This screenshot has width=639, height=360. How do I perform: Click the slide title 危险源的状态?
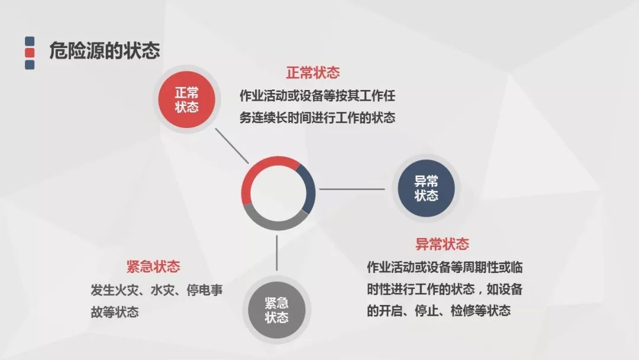(x=104, y=50)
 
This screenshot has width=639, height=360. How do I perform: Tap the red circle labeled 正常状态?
(x=186, y=99)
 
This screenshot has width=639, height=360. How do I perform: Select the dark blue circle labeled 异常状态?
(x=426, y=188)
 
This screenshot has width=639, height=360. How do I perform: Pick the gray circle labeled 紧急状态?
(x=277, y=310)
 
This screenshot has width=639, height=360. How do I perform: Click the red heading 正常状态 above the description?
(x=312, y=73)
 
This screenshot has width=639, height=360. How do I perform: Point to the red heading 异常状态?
(x=442, y=244)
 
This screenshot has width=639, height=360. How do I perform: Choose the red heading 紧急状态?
(x=153, y=266)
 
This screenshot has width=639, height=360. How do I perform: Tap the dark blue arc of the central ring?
(x=309, y=188)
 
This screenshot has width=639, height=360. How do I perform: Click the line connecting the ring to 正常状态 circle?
(x=231, y=146)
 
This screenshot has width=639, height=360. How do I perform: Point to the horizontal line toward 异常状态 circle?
(x=351, y=189)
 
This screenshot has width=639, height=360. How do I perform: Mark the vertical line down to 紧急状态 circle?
(x=277, y=253)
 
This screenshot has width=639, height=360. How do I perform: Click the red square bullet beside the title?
(x=30, y=53)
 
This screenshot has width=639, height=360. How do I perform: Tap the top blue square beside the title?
(x=30, y=41)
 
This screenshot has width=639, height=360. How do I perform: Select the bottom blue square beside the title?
(x=30, y=65)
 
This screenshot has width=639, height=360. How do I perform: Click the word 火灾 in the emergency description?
(x=127, y=290)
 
